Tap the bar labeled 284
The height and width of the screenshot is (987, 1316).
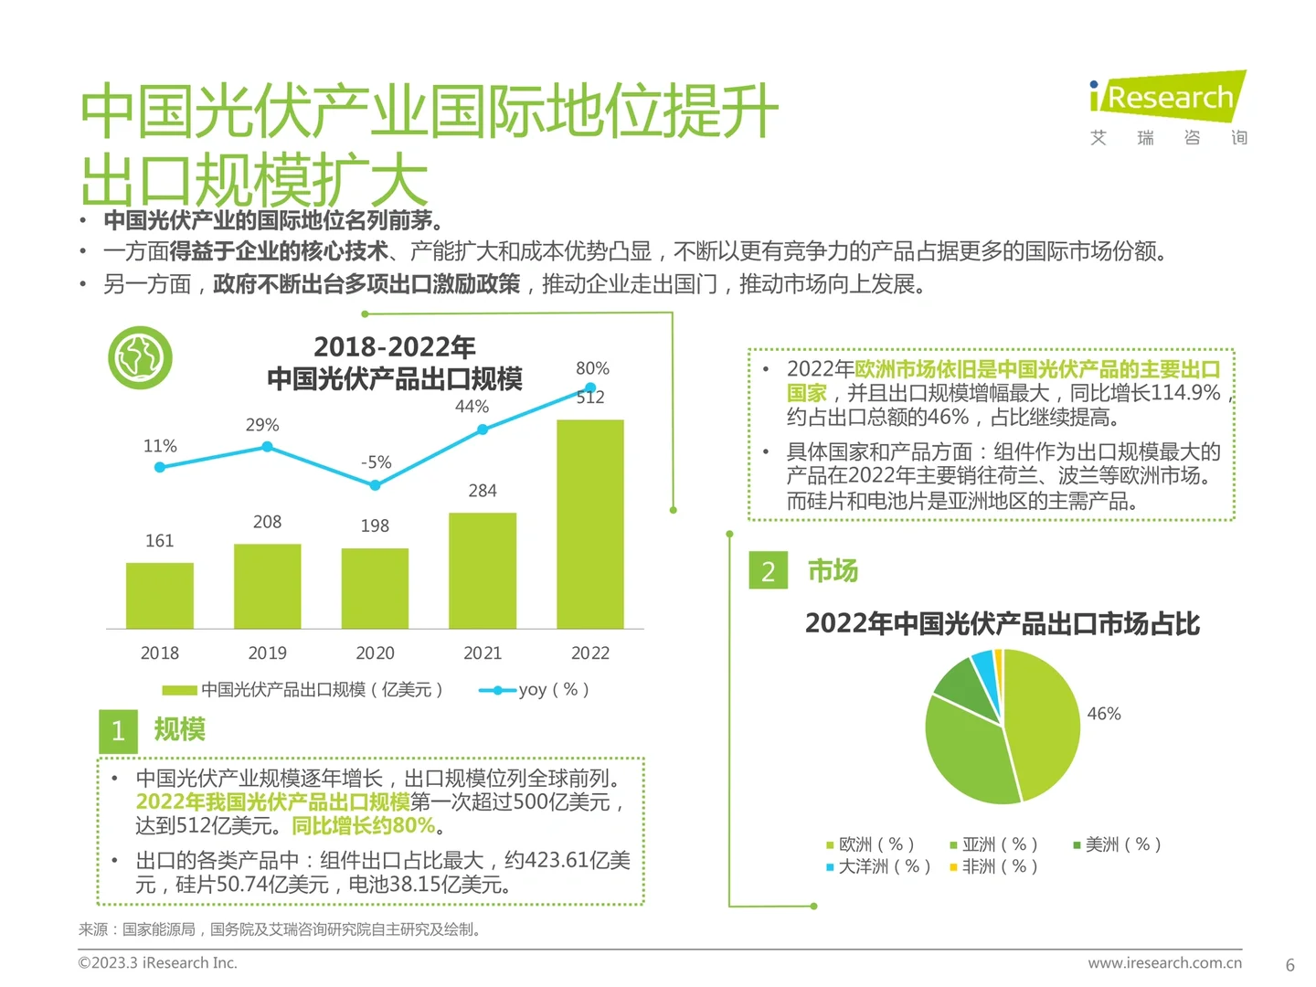pos(483,570)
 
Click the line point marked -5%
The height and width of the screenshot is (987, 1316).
pos(375,485)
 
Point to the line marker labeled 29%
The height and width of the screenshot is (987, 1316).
pos(267,447)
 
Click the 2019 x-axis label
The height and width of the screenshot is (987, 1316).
pos(267,653)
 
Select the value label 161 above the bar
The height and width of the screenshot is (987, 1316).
pos(160,541)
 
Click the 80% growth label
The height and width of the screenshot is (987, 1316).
pos(592,368)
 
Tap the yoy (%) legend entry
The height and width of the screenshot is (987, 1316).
pos(535,690)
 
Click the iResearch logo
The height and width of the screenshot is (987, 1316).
pos(1168,97)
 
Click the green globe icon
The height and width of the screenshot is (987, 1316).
pos(140,357)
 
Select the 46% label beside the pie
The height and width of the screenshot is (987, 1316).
pos(1104,714)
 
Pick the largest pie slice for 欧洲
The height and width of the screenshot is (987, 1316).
pos(1042,722)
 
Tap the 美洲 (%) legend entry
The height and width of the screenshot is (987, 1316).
pos(1117,844)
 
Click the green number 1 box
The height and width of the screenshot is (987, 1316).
pos(118,731)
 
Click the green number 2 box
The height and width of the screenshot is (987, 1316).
pos(768,571)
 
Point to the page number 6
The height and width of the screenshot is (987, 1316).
pos(1289,965)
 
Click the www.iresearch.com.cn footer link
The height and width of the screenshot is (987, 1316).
pos(1164,963)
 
